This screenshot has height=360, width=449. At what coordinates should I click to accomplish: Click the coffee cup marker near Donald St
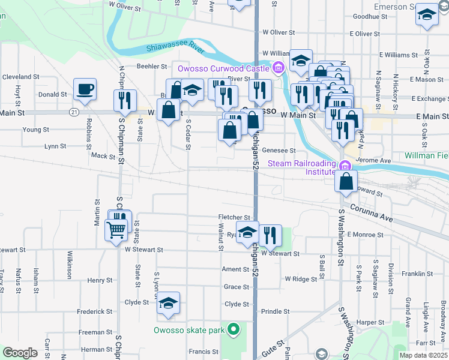point(85,90)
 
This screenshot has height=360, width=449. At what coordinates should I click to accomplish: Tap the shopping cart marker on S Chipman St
point(116,229)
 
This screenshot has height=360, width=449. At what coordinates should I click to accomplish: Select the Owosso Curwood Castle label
point(223,68)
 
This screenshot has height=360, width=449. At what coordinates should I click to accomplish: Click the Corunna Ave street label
point(372,215)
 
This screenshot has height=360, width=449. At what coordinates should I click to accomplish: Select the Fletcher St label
point(234,217)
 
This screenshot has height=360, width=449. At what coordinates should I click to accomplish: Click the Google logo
point(20,352)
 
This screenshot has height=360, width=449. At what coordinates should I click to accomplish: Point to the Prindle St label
point(276,311)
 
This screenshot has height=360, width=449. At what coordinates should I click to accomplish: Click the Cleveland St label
point(20,77)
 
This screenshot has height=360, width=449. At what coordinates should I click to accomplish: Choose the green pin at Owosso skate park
point(234,329)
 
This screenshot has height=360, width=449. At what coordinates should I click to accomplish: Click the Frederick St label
point(95,311)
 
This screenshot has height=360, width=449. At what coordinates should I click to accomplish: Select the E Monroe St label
point(364,234)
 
